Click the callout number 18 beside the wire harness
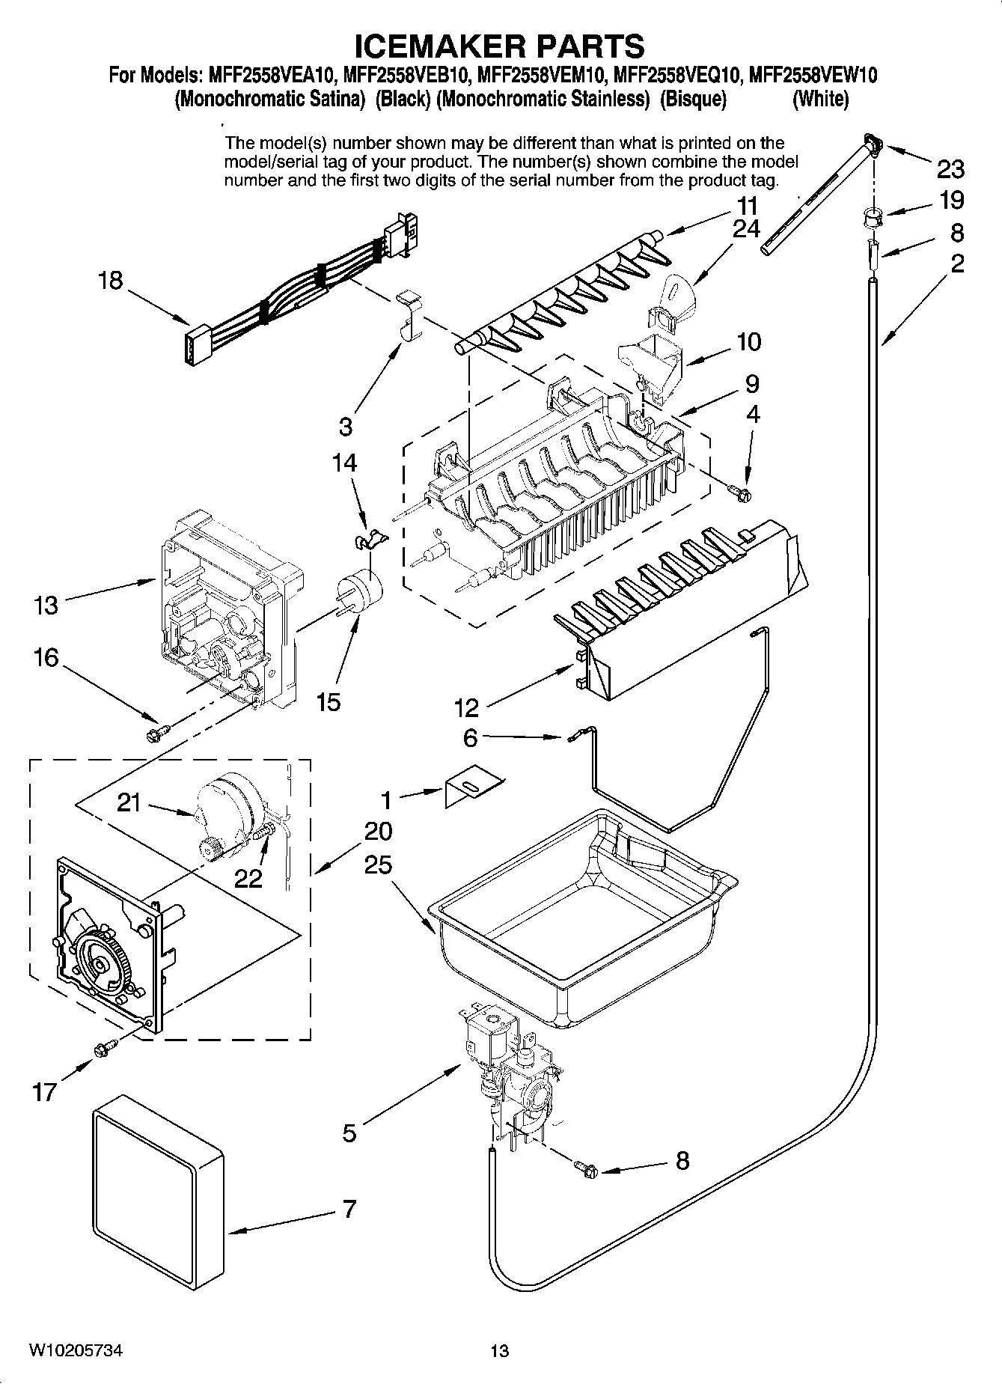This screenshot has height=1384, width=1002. coord(111,281)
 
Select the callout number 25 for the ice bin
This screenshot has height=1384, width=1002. coord(379,865)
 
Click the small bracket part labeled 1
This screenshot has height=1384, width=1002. coord(472,788)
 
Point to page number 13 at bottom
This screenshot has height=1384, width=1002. coord(499,1350)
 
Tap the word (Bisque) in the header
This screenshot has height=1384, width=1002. coord(693,99)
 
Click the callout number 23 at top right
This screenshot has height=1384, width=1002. coord(950,169)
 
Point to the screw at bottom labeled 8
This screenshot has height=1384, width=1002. coord(587,1168)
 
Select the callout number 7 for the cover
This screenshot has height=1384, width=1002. coord(349,1208)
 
